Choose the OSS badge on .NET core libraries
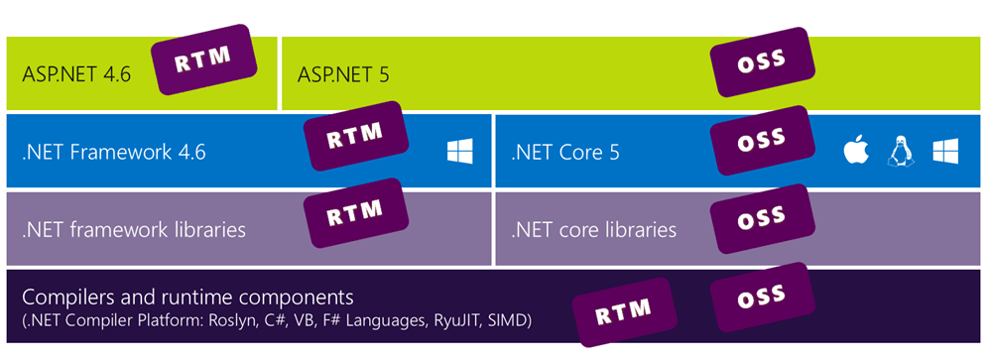point(762,215)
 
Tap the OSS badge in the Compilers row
point(762,293)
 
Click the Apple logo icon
point(855,152)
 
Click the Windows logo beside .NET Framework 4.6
point(459,152)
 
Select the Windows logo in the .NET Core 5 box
point(944,152)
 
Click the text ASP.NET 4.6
point(76,74)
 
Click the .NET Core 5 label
point(564,153)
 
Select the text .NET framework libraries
point(134,230)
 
